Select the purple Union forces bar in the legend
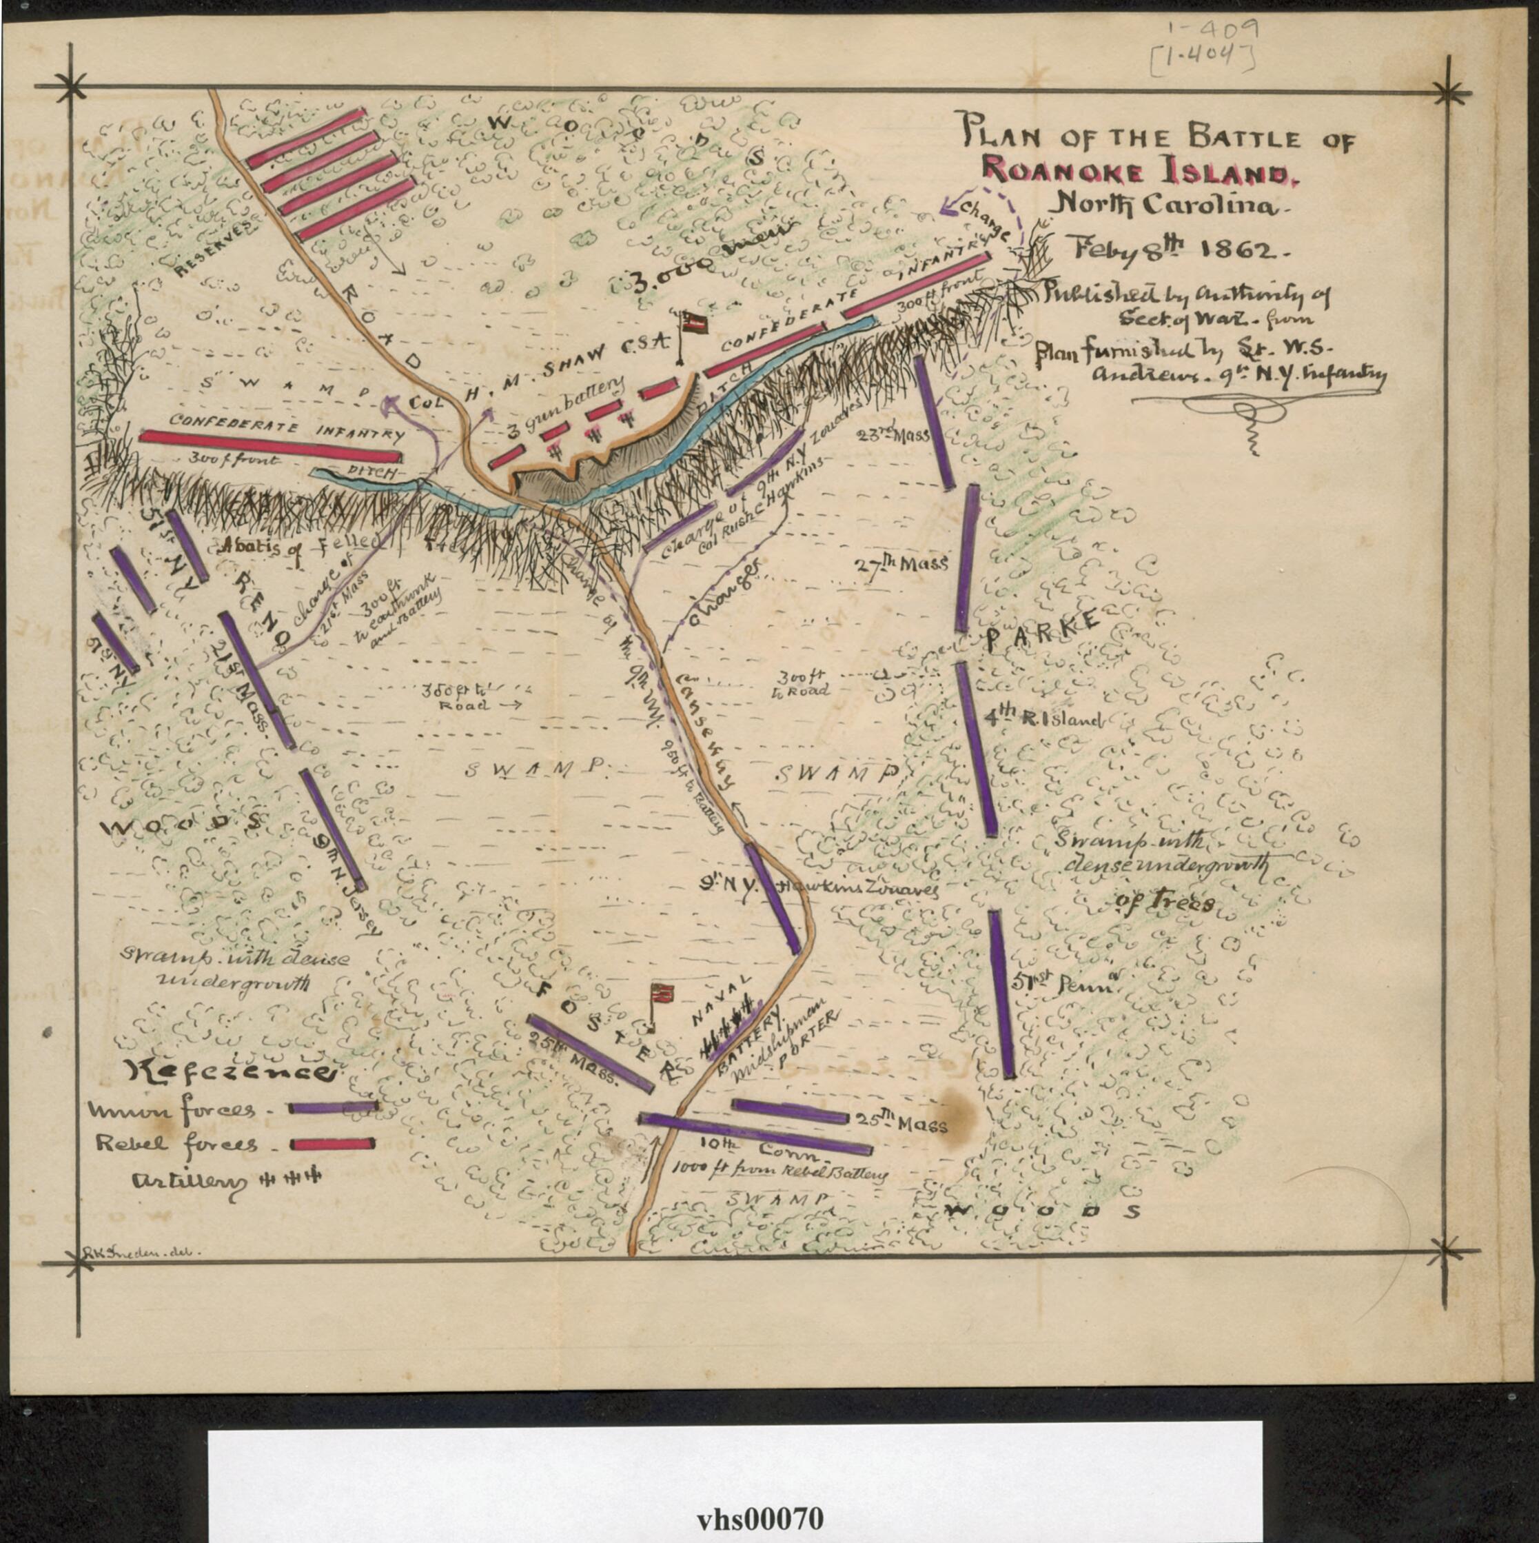[x=332, y=1108]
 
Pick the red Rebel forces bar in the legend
[x=332, y=1144]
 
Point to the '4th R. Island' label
[x=1045, y=719]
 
